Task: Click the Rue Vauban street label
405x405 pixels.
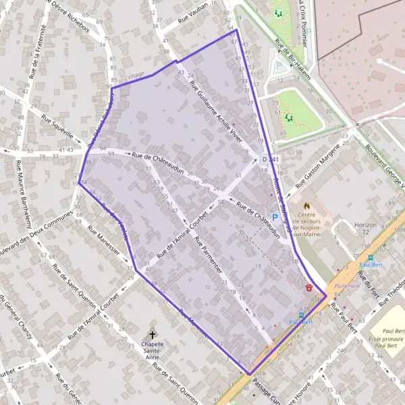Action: (194, 23)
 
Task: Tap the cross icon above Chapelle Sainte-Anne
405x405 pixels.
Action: (153, 334)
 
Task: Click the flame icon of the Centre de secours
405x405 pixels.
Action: (307, 205)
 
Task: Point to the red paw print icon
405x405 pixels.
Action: (308, 287)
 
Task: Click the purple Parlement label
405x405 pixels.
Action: (348, 286)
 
